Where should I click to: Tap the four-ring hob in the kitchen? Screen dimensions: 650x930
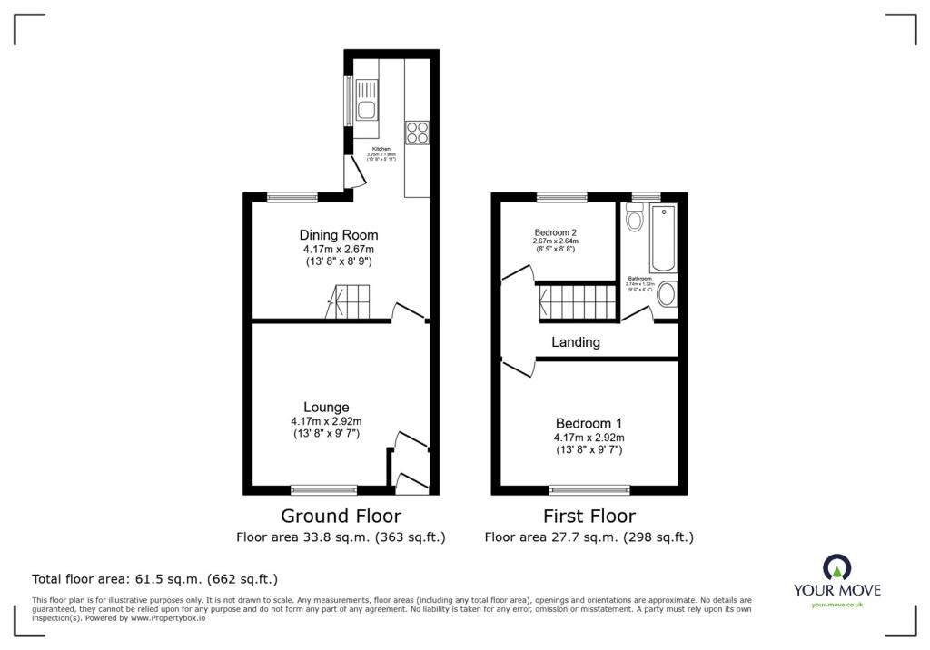(x=418, y=133)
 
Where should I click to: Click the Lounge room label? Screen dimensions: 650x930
(x=326, y=408)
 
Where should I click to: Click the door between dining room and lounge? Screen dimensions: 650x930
(x=408, y=312)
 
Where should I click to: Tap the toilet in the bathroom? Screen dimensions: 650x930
(x=635, y=217)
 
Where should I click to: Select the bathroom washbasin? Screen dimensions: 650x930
(x=666, y=294)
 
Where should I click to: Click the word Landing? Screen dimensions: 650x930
(x=576, y=342)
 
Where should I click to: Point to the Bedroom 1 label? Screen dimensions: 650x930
(x=589, y=424)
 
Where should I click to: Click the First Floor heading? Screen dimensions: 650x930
(x=589, y=517)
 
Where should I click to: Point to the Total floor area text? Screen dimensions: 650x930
(x=154, y=578)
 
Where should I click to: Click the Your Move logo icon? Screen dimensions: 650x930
(x=836, y=567)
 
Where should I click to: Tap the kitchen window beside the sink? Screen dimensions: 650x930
(x=347, y=101)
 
